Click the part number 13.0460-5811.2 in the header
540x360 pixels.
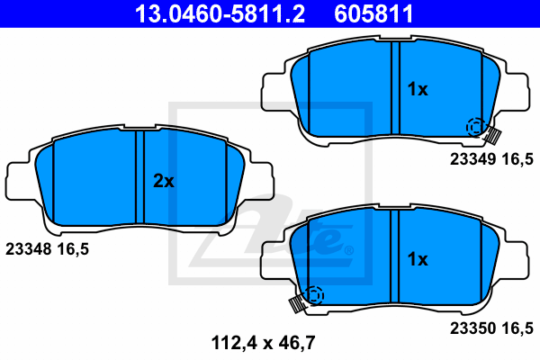[220, 13]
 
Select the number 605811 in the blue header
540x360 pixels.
[373, 13]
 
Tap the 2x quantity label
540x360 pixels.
[164, 181]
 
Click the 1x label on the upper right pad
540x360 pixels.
[418, 89]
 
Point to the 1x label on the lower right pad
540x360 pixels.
[418, 258]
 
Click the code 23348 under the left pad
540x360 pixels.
[29, 248]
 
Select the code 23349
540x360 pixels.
[472, 159]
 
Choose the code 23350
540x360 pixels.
[472, 328]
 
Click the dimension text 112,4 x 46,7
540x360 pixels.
[263, 343]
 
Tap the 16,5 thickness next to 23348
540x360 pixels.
[73, 249]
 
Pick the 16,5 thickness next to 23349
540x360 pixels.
[517, 160]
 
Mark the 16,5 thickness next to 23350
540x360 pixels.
[517, 328]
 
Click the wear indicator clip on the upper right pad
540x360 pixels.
[492, 135]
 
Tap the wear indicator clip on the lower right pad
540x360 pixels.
[298, 303]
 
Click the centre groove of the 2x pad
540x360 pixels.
[139, 177]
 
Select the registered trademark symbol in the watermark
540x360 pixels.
[348, 250]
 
